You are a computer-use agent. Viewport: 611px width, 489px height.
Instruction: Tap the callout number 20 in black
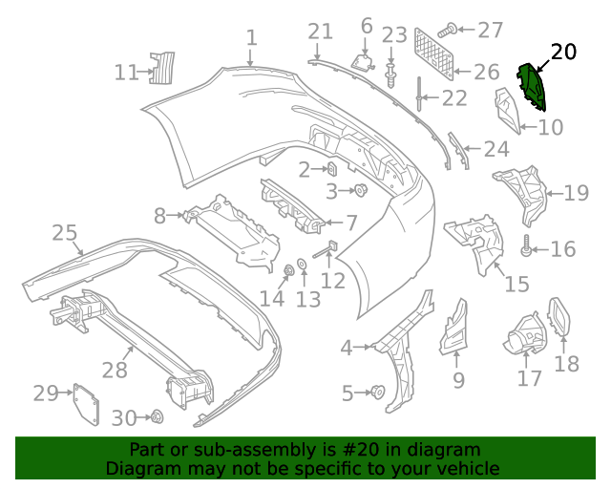click(x=564, y=53)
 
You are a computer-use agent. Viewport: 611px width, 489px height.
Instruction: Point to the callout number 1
click(x=251, y=38)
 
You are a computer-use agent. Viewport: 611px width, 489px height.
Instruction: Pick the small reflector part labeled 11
click(x=163, y=69)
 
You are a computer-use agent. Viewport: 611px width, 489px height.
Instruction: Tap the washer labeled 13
click(x=302, y=264)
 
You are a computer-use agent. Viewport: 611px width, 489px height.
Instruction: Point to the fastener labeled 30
click(x=157, y=417)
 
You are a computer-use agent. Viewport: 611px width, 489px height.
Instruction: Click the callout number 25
click(x=64, y=233)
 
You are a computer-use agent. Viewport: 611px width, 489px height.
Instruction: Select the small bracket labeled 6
click(x=364, y=60)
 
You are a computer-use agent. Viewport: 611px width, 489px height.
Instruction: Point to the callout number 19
click(x=576, y=194)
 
